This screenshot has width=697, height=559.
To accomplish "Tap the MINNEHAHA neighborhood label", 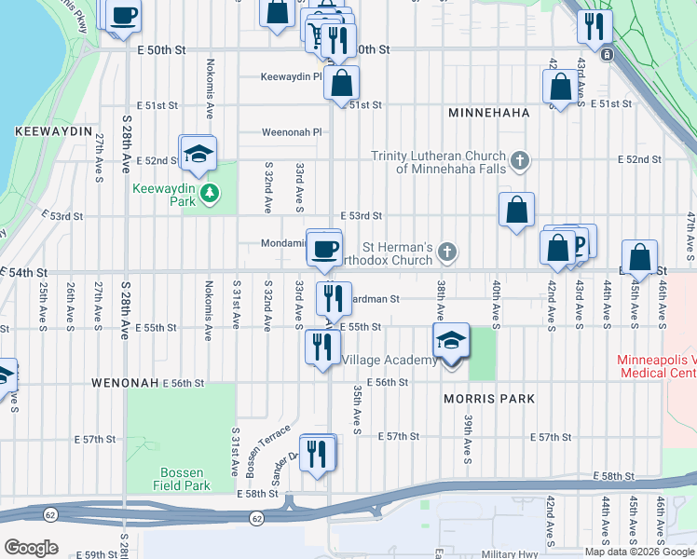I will [x=488, y=113].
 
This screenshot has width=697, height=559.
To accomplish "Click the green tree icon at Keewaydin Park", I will [x=212, y=193].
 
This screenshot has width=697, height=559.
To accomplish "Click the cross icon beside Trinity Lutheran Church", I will [x=519, y=162].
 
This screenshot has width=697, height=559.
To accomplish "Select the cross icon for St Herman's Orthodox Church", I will [x=447, y=251].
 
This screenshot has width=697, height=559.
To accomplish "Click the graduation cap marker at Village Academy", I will [x=451, y=341].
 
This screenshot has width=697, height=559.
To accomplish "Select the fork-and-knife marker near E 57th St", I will [x=318, y=454].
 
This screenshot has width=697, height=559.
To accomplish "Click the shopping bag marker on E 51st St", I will [x=342, y=82].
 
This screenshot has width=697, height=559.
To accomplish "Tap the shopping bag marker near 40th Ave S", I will [x=516, y=211].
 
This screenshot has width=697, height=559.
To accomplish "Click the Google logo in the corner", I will [x=31, y=548].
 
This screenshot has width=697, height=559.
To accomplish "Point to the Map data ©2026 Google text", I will [x=639, y=552].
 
